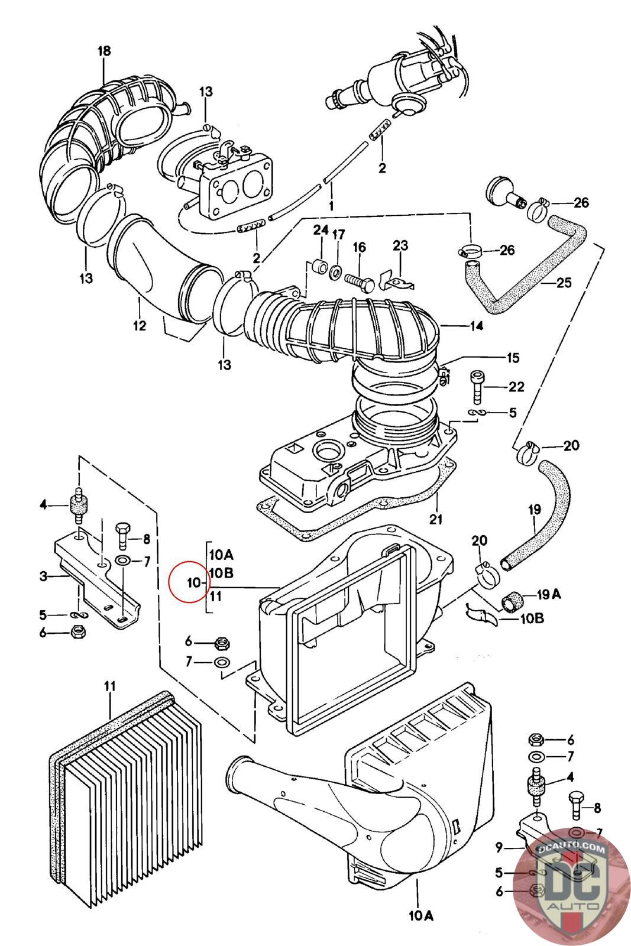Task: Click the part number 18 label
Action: click(x=104, y=51)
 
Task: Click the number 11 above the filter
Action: click(x=110, y=686)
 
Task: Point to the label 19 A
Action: click(x=549, y=594)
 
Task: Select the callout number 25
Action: click(x=564, y=283)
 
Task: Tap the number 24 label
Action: click(x=321, y=229)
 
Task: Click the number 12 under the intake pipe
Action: click(x=139, y=325)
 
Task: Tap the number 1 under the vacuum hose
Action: click(x=331, y=205)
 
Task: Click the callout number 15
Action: click(x=512, y=357)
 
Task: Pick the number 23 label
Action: click(x=400, y=245)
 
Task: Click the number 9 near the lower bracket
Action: click(x=499, y=848)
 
